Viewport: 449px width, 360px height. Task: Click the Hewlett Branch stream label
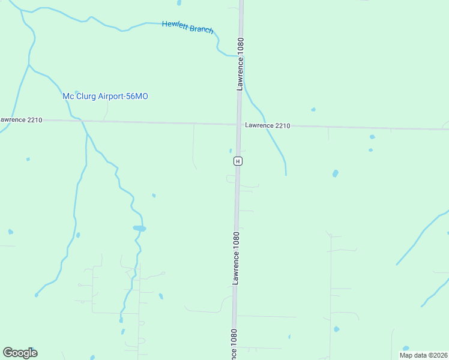click(x=187, y=27)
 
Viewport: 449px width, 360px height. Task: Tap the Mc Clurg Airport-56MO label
click(x=105, y=96)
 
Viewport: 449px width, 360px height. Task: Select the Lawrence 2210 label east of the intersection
click(x=267, y=126)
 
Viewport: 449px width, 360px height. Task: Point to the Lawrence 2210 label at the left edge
click(x=21, y=120)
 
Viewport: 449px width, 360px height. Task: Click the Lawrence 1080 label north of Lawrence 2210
click(x=240, y=64)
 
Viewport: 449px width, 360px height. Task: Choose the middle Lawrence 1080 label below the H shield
click(x=236, y=258)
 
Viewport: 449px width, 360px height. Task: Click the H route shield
click(x=238, y=161)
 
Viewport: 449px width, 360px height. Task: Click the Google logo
click(x=20, y=353)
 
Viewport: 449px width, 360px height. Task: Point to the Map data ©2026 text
click(x=424, y=355)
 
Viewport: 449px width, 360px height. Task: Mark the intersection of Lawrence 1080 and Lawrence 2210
click(x=239, y=125)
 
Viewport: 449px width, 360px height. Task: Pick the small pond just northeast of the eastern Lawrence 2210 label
click(x=313, y=110)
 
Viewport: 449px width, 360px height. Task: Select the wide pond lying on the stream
click(x=139, y=228)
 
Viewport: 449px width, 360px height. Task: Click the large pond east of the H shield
click(x=335, y=173)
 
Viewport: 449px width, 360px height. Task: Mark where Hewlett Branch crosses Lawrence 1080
click(x=240, y=56)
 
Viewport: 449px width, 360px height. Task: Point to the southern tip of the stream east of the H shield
click(x=286, y=175)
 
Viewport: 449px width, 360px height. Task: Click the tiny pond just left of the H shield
click(x=231, y=151)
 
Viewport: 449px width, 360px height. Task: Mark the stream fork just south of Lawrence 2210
click(x=88, y=134)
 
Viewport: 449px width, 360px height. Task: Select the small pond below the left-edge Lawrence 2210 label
click(x=28, y=159)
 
